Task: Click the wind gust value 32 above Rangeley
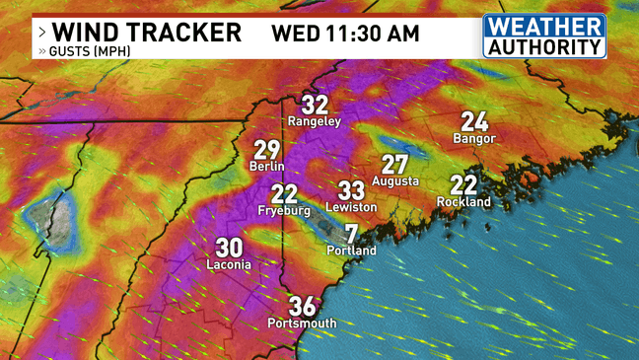tap(315, 105)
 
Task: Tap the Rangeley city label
tap(315, 121)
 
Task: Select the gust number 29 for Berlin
tap(267, 150)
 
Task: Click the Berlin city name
tap(267, 167)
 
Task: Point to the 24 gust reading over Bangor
tap(474, 121)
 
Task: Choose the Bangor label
tap(474, 139)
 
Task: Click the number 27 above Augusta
tap(395, 165)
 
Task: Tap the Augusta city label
tap(395, 181)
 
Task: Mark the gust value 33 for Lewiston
tap(352, 190)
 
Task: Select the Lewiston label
tap(352, 208)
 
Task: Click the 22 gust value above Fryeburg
tap(284, 194)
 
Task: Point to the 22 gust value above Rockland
tap(463, 184)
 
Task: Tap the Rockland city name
tap(463, 202)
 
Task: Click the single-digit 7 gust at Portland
tap(351, 234)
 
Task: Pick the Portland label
tap(351, 251)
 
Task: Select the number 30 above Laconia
tap(229, 248)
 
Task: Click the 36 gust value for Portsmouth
tap(302, 306)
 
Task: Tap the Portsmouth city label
tap(302, 324)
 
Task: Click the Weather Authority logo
tap(543, 36)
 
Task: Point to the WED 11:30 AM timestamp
tap(345, 33)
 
